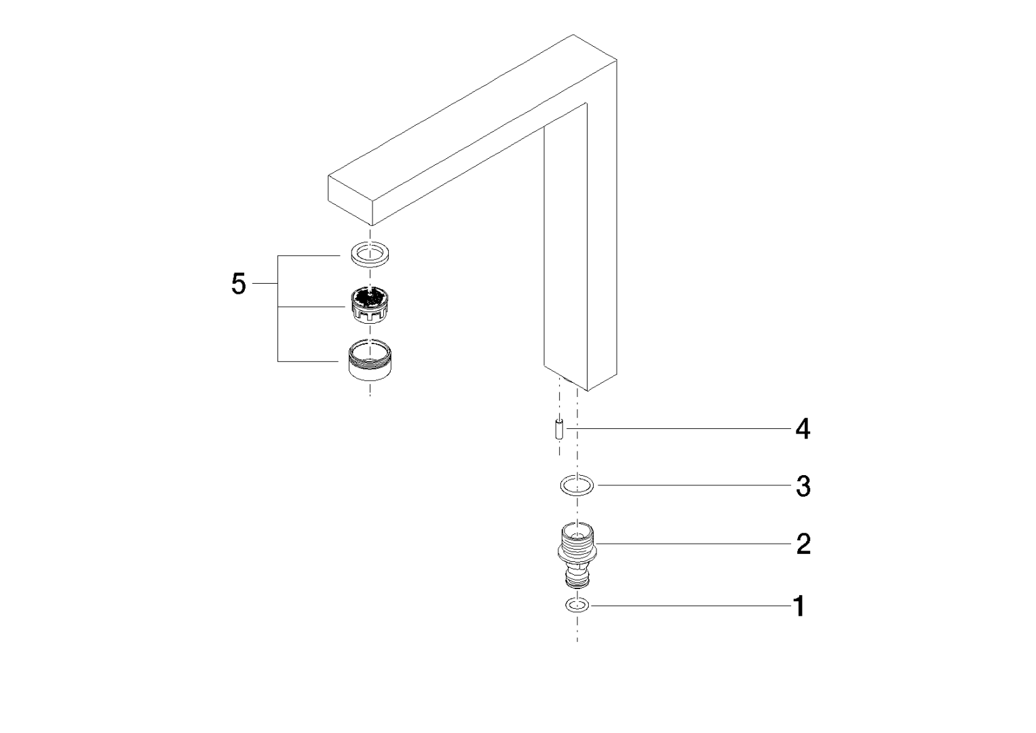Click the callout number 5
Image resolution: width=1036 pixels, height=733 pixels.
[239, 284]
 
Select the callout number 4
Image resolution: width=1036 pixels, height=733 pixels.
[803, 429]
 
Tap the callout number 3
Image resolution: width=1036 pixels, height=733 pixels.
[803, 487]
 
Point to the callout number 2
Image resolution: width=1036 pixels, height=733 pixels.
[803, 544]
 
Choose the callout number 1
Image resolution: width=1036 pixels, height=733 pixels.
[800, 606]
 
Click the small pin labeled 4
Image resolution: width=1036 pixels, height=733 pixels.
[560, 429]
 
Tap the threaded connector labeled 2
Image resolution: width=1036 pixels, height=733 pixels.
[577, 555]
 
